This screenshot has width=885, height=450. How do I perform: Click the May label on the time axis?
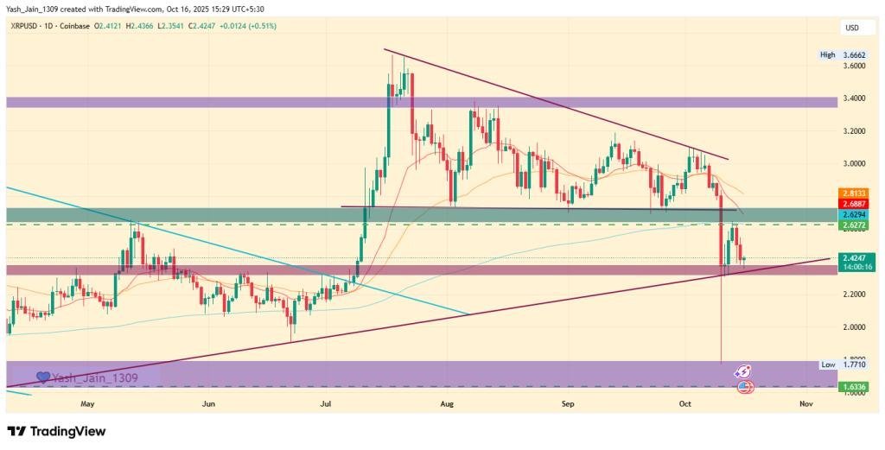[x=86, y=403]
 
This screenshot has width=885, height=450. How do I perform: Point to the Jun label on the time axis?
[x=207, y=403]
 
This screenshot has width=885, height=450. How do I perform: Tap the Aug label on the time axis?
[x=447, y=403]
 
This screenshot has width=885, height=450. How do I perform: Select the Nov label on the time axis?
[x=805, y=403]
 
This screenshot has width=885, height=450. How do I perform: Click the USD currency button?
[x=851, y=29]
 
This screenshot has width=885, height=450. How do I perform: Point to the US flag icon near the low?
[x=744, y=386]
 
